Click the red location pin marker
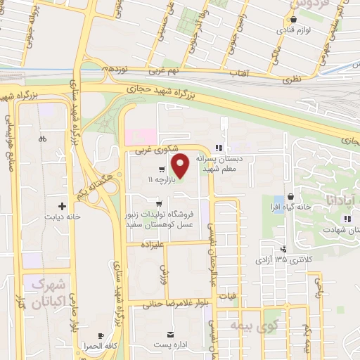[x=181, y=166]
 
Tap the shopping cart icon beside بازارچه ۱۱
[x=162, y=169]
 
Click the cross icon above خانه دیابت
[x=62, y=207]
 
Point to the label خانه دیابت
[x=63, y=217]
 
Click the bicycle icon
[x=43, y=139]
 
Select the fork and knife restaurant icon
[x=219, y=148]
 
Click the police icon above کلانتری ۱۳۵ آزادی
[x=283, y=249]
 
